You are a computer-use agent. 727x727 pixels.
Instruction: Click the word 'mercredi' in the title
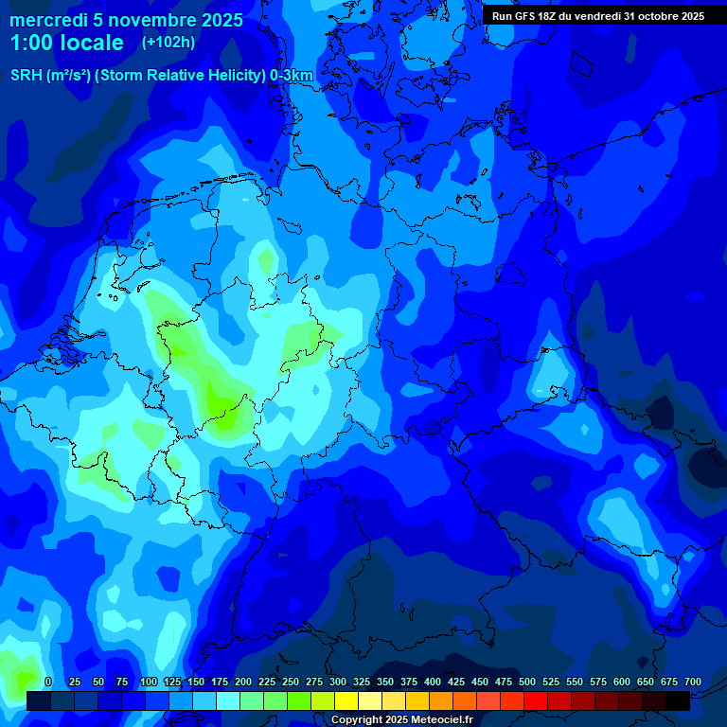pos(47,20)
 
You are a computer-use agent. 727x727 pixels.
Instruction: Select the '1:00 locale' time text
pos(67,43)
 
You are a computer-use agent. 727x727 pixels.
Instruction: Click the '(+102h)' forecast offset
pos(168,42)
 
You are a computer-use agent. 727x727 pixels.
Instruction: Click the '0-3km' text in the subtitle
pos(292,76)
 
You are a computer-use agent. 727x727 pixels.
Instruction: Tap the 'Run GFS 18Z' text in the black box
pos(525,16)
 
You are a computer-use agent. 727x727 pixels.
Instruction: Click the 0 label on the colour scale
pos(48,682)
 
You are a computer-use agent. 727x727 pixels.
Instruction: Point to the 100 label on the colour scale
pos(149,682)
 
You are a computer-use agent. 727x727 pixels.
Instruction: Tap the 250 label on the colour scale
pos(291,682)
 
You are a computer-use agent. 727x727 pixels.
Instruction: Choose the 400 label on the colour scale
pos(433,682)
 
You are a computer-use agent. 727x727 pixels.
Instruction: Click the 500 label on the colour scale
pos(527,682)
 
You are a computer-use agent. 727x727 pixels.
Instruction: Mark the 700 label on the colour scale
pos(693,682)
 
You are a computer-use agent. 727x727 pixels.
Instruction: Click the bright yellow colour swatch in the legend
pos(346,700)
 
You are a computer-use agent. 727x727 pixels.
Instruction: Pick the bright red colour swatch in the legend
pos(536,700)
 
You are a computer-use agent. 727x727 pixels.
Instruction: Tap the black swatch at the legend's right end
pos(678,700)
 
